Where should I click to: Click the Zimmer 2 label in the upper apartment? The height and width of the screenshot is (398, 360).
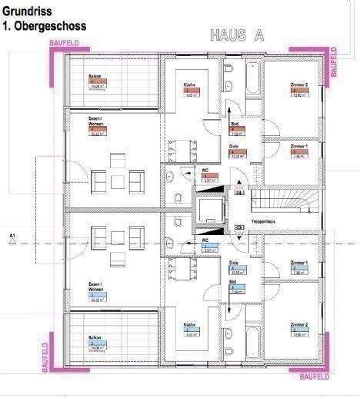(x=299, y=85)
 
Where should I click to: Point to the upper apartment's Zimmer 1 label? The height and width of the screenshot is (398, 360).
(x=299, y=145)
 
